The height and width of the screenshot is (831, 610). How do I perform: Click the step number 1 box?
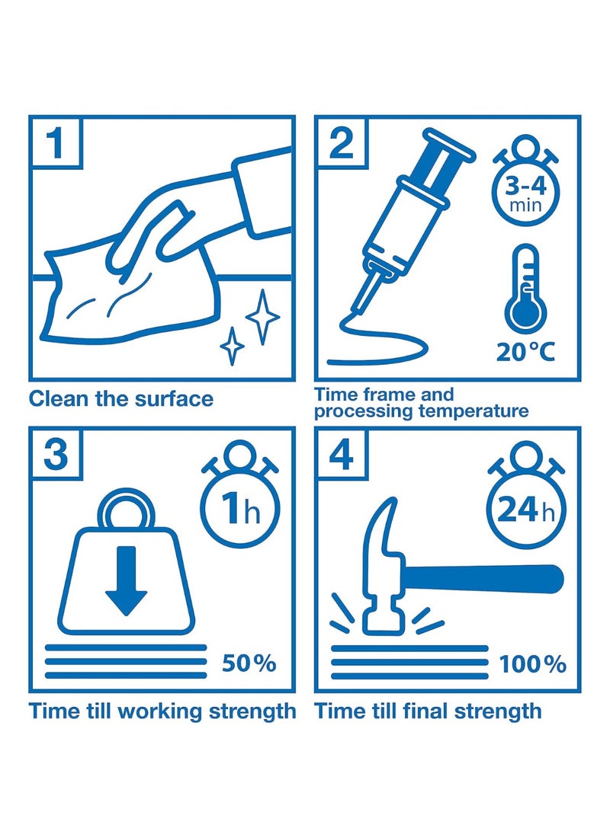coord(56,142)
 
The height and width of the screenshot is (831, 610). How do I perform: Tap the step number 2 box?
coord(342,142)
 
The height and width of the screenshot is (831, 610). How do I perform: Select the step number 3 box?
coord(56,453)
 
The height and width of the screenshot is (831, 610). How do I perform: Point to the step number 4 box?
coord(342,453)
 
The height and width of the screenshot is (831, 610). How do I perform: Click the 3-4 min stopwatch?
coord(525,181)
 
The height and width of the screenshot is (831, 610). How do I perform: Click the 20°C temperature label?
coord(525,351)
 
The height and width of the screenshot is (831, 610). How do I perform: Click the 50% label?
coord(249,663)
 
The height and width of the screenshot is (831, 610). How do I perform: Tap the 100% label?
coord(532,664)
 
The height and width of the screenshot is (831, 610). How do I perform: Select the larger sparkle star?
coord(262,317)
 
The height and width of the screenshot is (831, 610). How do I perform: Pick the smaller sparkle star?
coord(232,346)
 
